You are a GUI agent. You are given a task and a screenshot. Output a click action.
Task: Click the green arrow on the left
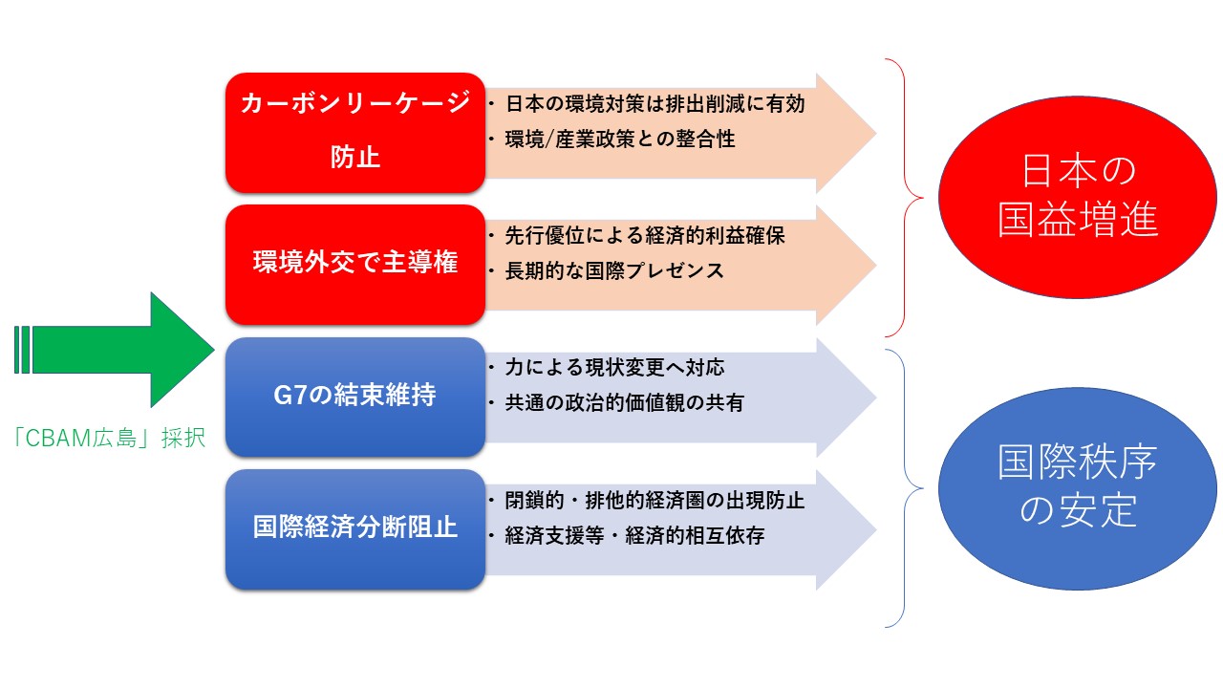(x=115, y=350)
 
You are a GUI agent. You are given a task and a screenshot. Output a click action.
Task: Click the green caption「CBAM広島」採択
(x=109, y=438)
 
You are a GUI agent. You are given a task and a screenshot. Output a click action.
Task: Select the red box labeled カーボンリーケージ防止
(x=355, y=133)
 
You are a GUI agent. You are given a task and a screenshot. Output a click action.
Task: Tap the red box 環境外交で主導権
(x=355, y=265)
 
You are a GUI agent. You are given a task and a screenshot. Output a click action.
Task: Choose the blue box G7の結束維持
(x=355, y=397)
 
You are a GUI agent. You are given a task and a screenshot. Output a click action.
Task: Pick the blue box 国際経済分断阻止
(x=355, y=529)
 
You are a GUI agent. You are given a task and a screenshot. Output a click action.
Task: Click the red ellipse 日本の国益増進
(x=1077, y=197)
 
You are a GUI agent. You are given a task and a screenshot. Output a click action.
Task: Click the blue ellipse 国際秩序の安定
(x=1077, y=488)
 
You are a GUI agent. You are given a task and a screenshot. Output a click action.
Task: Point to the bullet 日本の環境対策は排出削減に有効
(x=648, y=104)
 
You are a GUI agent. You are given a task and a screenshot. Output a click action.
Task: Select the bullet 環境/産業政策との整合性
(x=612, y=140)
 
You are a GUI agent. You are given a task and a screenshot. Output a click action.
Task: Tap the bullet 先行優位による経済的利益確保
(x=637, y=236)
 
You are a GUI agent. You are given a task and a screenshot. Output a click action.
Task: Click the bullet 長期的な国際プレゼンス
(x=607, y=270)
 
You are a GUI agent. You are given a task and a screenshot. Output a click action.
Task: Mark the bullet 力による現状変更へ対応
(x=607, y=368)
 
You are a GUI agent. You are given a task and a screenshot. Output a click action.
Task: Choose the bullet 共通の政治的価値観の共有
(x=617, y=403)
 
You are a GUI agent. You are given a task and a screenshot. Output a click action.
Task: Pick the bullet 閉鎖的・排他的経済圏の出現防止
(x=648, y=500)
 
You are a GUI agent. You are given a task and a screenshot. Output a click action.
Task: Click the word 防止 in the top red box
(x=355, y=158)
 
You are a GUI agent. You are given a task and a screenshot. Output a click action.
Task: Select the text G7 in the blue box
(x=290, y=396)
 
